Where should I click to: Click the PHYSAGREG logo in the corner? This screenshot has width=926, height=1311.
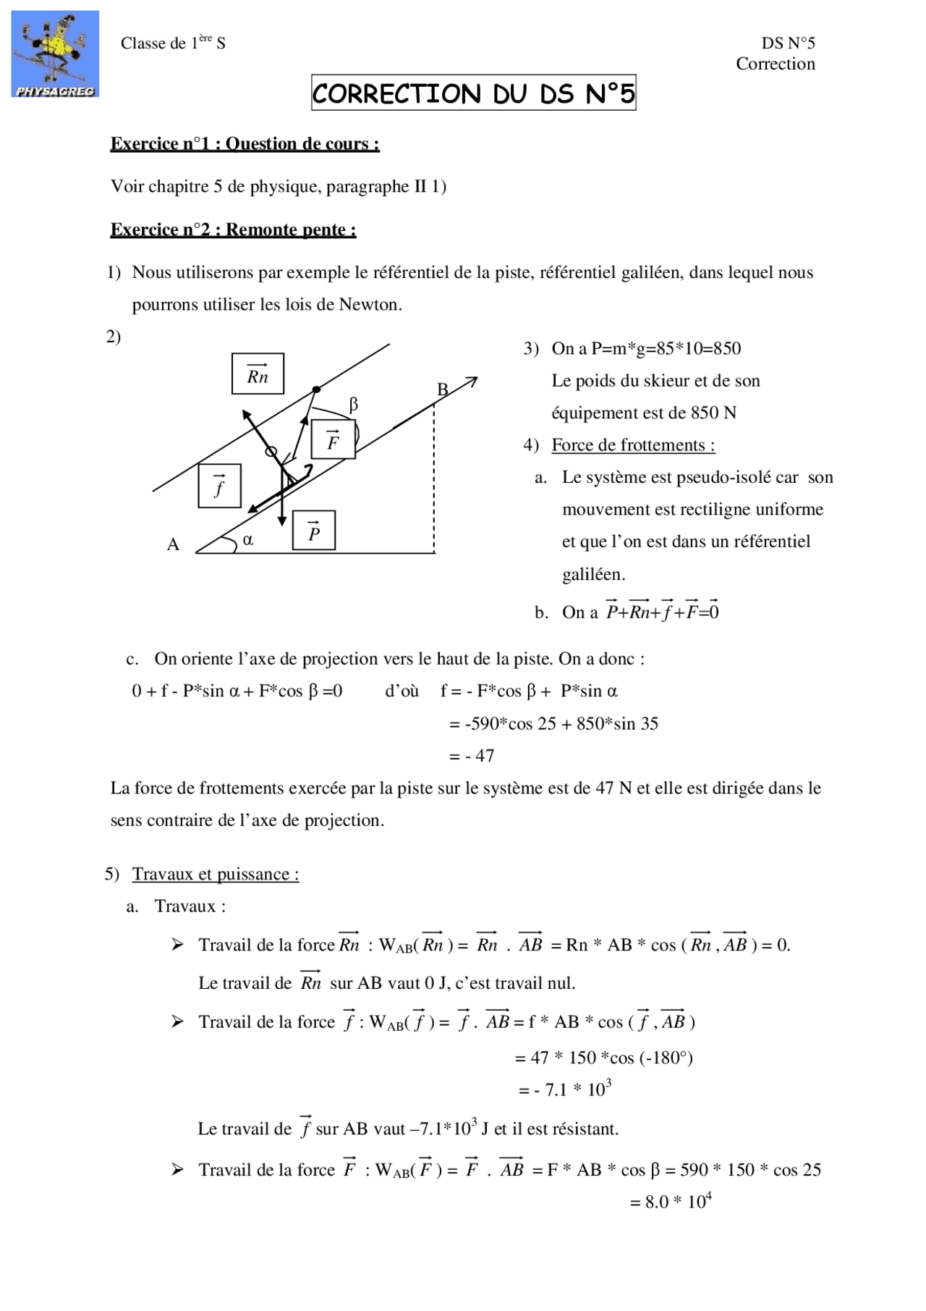[55, 54]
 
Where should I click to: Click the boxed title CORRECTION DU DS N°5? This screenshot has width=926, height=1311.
[473, 93]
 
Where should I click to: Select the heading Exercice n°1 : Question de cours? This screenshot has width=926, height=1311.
[245, 144]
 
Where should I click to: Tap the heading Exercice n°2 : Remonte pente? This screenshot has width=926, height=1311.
[233, 230]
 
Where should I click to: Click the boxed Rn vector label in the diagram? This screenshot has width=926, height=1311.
[258, 374]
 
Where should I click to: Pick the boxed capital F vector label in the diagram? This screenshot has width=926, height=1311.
[333, 439]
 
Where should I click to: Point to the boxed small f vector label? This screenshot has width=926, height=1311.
[219, 486]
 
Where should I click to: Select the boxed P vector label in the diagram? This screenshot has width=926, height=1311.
[314, 531]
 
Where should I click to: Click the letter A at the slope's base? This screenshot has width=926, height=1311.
[173, 544]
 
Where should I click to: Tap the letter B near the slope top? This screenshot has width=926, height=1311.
[442, 389]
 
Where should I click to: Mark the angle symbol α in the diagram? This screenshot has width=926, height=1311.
[248, 539]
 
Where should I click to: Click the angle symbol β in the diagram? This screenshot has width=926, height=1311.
[353, 405]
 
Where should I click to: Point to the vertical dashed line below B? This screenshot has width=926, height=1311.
[434, 478]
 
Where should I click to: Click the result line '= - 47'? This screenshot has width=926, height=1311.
[471, 756]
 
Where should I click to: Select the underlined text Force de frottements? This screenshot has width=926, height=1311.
[632, 445]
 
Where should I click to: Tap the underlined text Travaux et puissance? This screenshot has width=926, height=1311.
[215, 874]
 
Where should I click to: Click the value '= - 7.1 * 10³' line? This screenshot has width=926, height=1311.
[565, 1089]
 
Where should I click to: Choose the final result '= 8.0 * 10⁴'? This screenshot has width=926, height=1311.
[671, 1202]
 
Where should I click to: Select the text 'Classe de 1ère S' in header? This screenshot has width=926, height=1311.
[173, 43]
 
